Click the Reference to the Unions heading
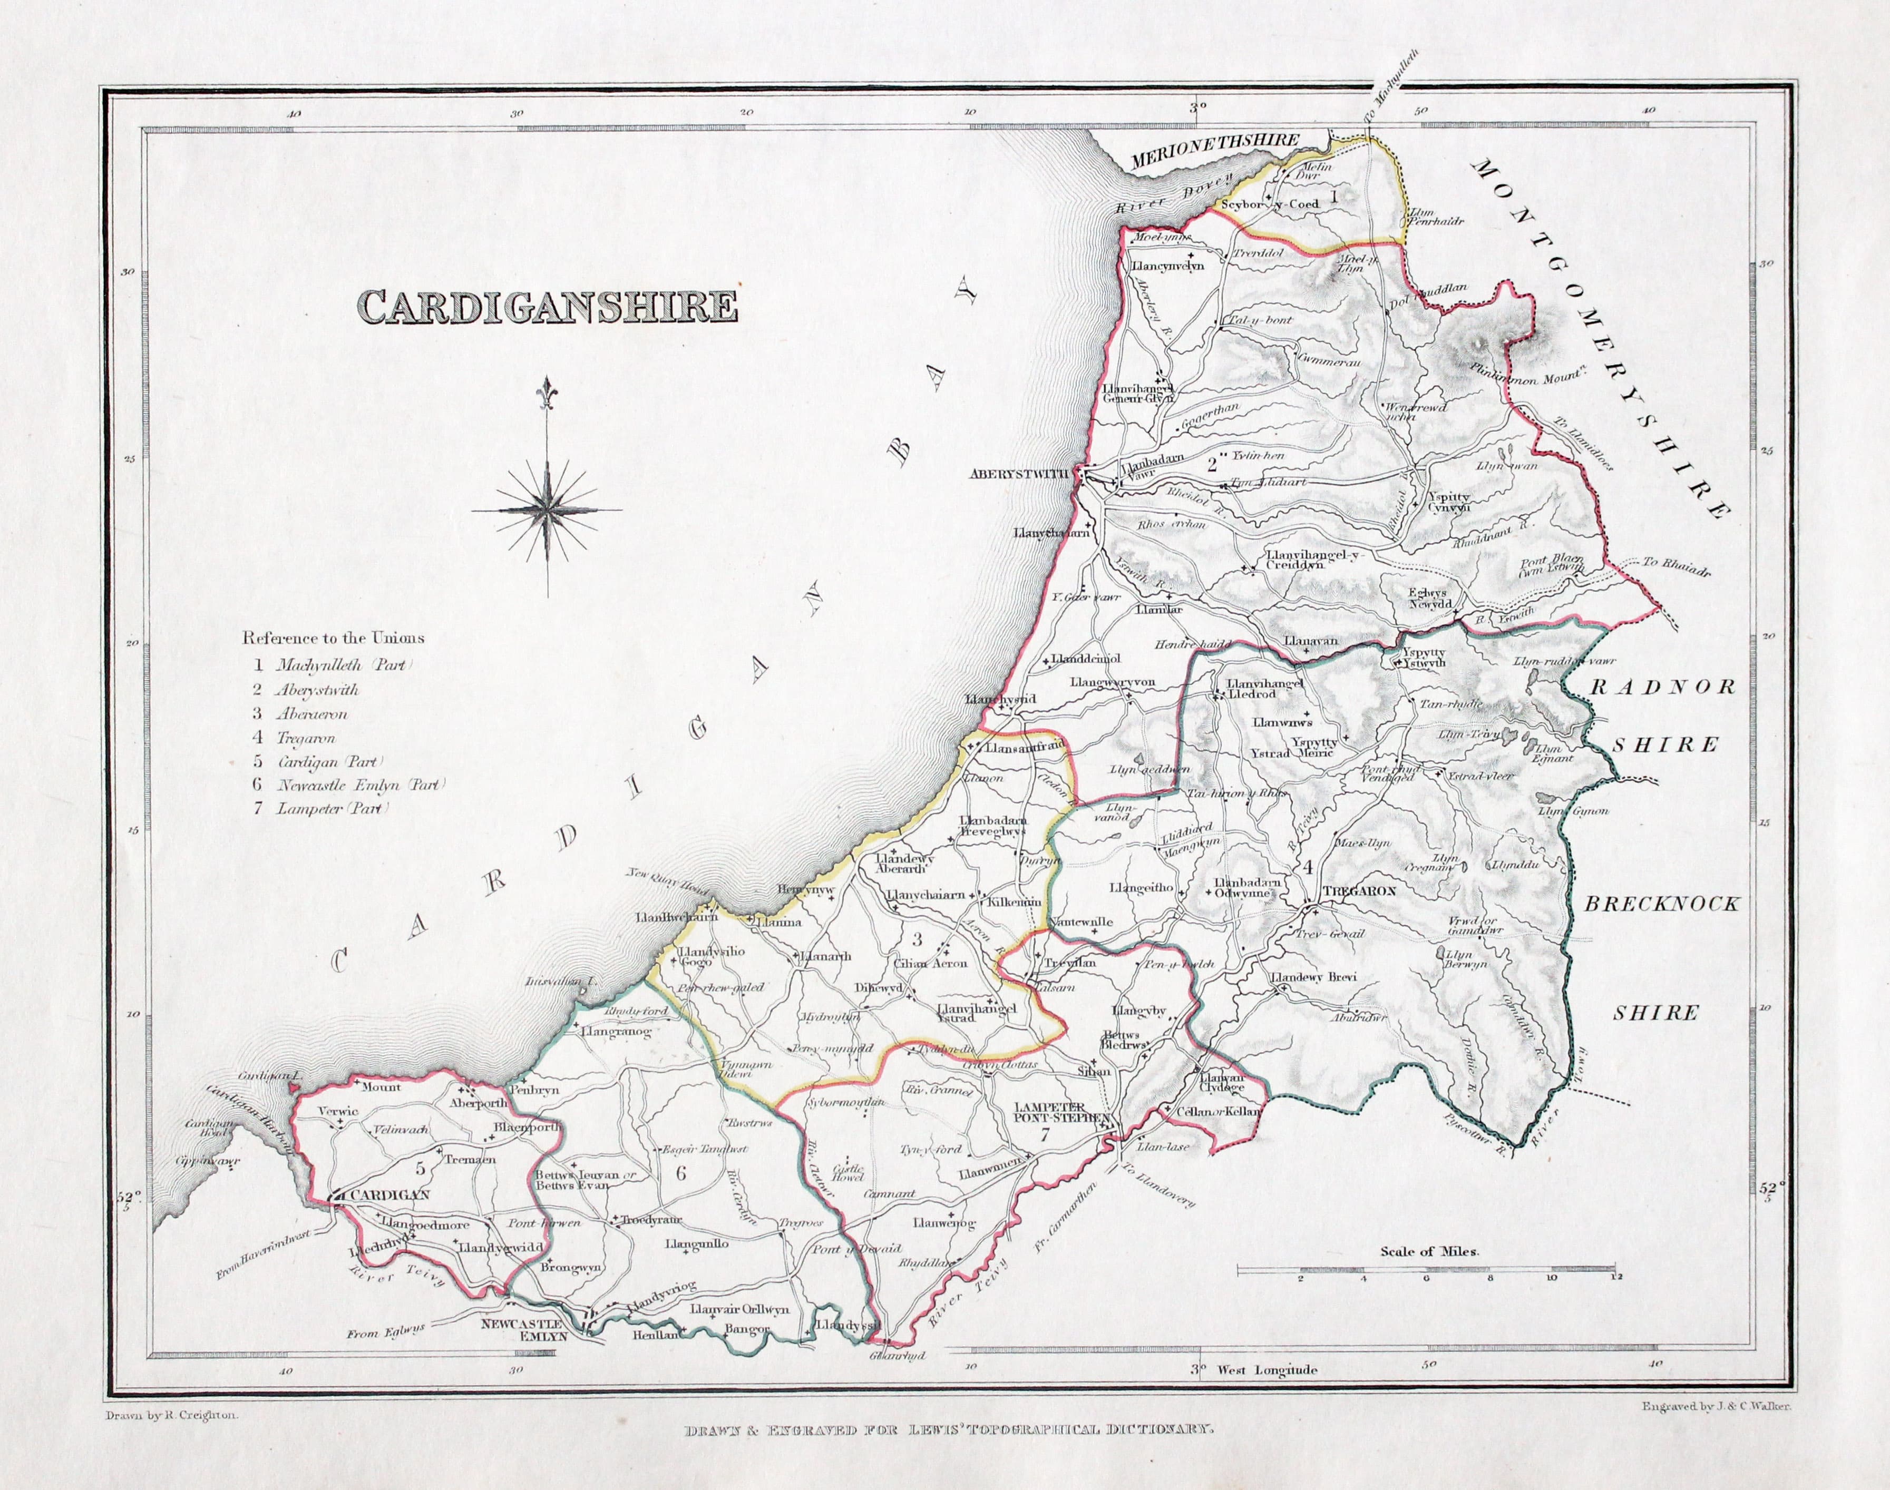(333, 638)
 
